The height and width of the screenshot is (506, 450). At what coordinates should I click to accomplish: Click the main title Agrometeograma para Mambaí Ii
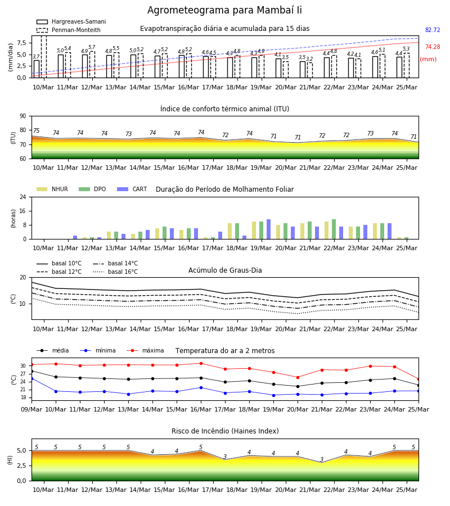pos(224,10)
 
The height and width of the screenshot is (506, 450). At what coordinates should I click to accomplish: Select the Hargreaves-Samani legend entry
pos(71,21)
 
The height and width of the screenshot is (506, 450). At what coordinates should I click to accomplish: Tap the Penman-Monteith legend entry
pos(69,30)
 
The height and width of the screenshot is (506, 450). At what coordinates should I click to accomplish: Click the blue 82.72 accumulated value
pos(433,30)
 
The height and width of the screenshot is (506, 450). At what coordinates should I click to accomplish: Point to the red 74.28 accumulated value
pos(433,47)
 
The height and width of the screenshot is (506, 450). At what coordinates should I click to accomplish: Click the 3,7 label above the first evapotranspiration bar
pos(36,57)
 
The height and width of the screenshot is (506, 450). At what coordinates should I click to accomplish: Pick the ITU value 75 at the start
pos(36,130)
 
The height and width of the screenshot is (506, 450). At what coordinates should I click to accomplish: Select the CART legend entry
pos(132,189)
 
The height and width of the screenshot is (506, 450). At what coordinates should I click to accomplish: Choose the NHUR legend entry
pos(52,189)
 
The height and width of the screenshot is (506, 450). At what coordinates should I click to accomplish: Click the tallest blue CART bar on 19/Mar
pos(268,229)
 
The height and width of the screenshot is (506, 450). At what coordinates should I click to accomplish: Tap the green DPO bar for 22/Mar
pos(334,229)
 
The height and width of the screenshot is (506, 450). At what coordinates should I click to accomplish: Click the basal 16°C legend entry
pos(115,272)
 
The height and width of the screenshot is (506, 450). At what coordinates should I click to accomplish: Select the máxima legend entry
pos(145,350)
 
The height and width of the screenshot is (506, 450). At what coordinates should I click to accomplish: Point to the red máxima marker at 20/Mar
pos(298,377)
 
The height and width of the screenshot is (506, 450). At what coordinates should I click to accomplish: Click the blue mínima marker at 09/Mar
pos(31,378)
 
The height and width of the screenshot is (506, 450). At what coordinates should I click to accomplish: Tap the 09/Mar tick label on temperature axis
pos(31,409)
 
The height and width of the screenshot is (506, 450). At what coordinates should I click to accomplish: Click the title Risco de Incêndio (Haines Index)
pos(225,431)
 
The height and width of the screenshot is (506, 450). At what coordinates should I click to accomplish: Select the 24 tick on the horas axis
pos(22,197)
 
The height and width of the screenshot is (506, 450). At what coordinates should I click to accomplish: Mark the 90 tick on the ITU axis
pos(22,116)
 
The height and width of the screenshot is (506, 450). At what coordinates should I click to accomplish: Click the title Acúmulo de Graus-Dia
pos(225,270)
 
